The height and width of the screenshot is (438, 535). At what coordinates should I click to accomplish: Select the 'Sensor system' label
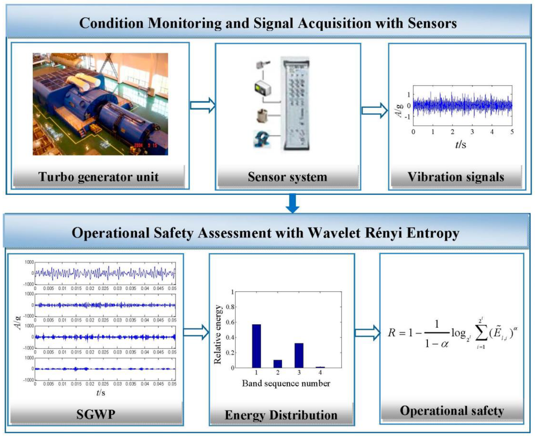coord(287,176)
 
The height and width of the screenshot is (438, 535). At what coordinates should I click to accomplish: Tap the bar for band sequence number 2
coord(277,363)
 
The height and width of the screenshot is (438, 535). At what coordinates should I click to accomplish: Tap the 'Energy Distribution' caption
coord(281,415)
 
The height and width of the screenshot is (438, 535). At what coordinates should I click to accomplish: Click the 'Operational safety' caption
coord(452,410)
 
